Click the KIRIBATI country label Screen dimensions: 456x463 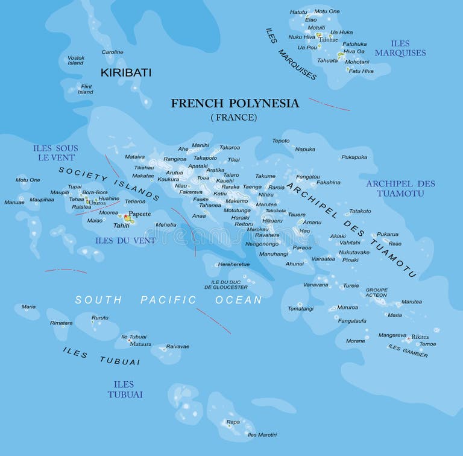tap(125, 72)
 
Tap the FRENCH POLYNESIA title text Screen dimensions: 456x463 tap(235, 103)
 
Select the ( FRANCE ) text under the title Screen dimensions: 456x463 tap(233, 117)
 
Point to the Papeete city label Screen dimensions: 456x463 tap(139, 214)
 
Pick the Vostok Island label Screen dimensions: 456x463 tap(75, 60)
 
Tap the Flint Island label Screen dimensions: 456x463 tap(86, 89)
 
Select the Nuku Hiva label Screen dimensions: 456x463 tap(302, 37)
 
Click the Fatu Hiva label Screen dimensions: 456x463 tap(361, 71)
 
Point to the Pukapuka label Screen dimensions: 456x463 tap(354, 157)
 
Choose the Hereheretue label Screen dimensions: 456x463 tap(233, 264)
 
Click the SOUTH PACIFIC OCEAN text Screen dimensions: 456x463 tap(168, 300)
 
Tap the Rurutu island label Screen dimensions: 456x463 tap(99, 317)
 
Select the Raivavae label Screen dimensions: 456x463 tap(177, 346)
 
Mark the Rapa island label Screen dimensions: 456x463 tap(233, 422)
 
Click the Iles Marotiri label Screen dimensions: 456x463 tap(262, 434)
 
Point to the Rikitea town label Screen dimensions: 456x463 tap(420, 337)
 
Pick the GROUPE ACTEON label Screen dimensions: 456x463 tap(376, 293)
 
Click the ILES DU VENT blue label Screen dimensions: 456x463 tap(125, 240)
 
